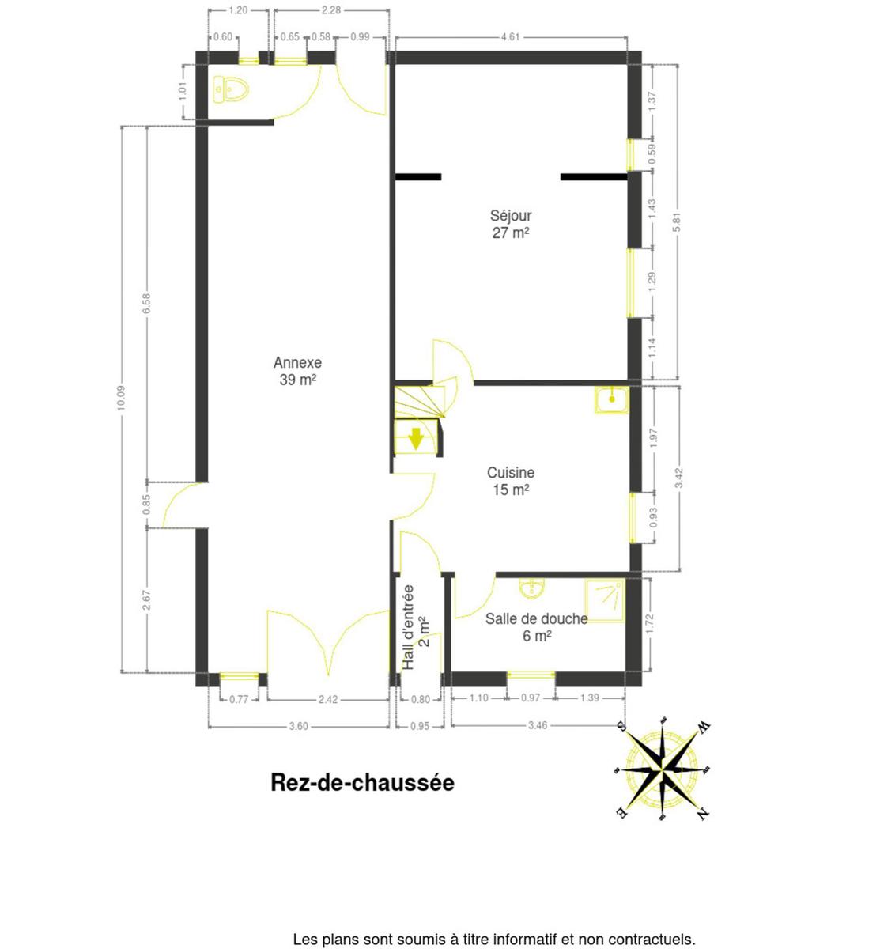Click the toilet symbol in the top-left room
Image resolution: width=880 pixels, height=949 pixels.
pos(231,89)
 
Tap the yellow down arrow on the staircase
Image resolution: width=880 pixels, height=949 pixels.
pos(416,438)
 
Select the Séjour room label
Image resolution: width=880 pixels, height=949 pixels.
pos(510,216)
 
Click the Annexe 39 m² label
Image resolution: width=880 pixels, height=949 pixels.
pos(297,371)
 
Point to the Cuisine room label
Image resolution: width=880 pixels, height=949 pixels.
pos(510,473)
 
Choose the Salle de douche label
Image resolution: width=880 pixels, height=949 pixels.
pos(536,618)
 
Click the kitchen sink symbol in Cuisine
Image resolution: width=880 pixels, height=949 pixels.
pos(611,399)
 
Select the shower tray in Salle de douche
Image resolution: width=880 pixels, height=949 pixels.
pos(606,600)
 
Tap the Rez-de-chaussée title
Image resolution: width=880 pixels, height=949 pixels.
pos(362,783)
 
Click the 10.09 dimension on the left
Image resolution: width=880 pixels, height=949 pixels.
pos(121,398)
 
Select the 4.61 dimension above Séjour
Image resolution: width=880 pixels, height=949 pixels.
pos(510,37)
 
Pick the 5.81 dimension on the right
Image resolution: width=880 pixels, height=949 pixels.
pos(677,222)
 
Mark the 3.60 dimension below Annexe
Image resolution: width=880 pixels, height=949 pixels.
pos(299,726)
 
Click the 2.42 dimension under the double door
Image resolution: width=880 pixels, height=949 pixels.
pos(328,700)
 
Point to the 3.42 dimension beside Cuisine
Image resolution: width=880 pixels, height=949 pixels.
pos(679,478)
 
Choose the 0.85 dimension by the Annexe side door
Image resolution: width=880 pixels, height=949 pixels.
pos(146,505)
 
